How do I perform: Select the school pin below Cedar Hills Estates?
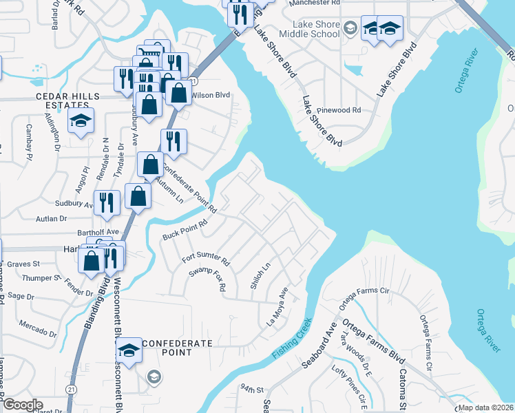[81, 122]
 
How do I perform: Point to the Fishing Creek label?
[292, 339]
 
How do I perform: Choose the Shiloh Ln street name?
[260, 274]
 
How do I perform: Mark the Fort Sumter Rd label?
[205, 259]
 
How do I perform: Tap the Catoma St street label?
[402, 388]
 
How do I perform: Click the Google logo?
[23, 405]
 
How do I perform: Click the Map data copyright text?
[485, 407]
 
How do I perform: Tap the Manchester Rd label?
[315, 3]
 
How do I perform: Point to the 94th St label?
[253, 390]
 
